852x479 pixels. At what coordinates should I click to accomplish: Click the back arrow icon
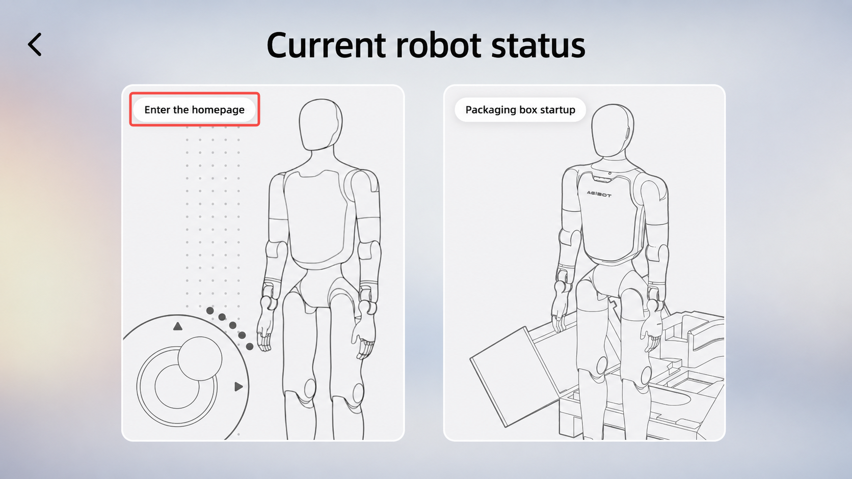(35, 44)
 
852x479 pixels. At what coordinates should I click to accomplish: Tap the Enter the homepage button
(194, 110)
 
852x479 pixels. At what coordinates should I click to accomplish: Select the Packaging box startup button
(520, 110)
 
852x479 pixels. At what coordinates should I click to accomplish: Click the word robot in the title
(439, 46)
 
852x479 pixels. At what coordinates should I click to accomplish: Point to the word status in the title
(538, 46)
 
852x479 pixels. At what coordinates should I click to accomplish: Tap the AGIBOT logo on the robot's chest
(599, 194)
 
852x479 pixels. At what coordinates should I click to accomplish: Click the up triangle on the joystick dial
(178, 326)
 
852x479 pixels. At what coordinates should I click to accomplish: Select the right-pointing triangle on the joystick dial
(238, 387)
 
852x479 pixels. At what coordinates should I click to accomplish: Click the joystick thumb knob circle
(200, 358)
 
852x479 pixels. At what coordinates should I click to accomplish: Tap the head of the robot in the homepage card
(320, 125)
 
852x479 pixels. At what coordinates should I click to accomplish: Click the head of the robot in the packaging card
(612, 130)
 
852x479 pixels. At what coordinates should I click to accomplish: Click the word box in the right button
(528, 110)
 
